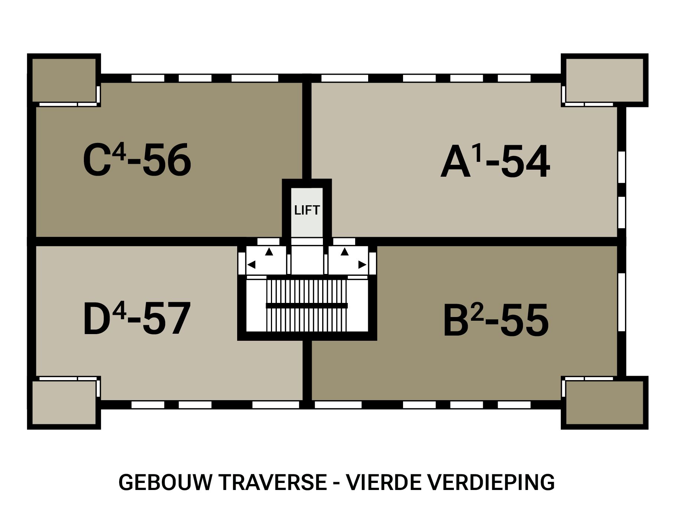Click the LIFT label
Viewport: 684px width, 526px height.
pos(307,210)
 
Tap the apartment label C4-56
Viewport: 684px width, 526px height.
pos(137,160)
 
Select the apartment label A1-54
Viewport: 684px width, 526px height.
pos(495,162)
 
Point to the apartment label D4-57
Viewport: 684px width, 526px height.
pos(137,319)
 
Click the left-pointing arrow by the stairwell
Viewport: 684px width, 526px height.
pos(251,265)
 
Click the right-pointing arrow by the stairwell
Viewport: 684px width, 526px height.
pos(362,265)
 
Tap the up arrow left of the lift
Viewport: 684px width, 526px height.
pos(269,252)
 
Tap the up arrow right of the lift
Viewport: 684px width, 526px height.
pos(344,252)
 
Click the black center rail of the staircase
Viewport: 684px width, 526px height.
pos(307,306)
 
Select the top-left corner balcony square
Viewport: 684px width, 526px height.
pos(64,80)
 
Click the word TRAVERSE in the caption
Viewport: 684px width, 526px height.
pos(273,482)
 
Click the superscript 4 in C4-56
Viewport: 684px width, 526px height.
pos(119,151)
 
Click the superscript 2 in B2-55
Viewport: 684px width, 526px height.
pos(478,313)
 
